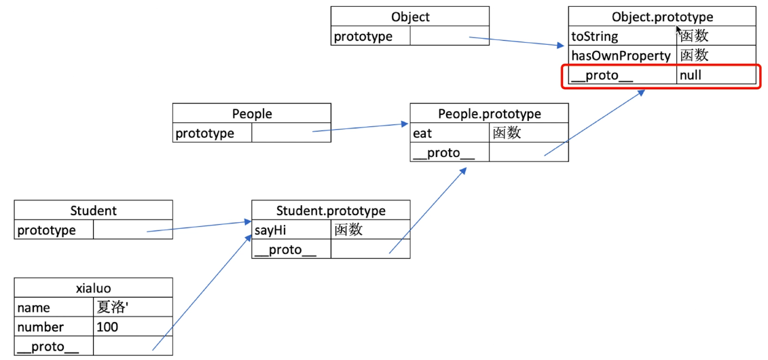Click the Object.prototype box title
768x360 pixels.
(x=662, y=17)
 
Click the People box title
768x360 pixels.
(x=252, y=114)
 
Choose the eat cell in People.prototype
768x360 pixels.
(x=449, y=133)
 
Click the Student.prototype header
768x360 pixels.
(x=331, y=211)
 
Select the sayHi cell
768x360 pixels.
(x=291, y=230)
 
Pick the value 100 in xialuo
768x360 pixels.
(x=107, y=327)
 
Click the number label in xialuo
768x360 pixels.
(x=40, y=327)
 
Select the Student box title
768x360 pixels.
(x=94, y=211)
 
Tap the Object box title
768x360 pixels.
(x=410, y=17)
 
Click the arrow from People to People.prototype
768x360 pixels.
(x=361, y=127)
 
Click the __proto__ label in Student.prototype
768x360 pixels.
(x=284, y=250)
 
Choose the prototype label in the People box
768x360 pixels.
(x=205, y=133)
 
